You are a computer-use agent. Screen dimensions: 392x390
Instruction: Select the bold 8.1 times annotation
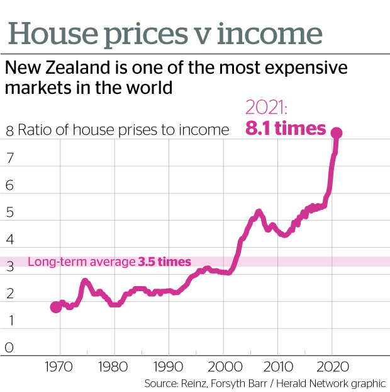286,129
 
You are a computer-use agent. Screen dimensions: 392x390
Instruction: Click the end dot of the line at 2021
337,133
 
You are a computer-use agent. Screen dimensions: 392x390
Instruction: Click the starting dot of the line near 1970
56,307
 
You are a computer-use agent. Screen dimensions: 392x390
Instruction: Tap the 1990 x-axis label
169,367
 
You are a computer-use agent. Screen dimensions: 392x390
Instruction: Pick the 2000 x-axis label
223,367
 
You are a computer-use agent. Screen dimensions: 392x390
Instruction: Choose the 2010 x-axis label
277,367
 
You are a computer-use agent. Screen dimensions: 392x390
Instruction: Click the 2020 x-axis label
331,367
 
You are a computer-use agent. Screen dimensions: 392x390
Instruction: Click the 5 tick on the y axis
9,212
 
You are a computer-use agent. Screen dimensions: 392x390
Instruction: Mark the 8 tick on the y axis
9,131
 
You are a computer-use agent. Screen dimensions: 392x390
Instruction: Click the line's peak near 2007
259,212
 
